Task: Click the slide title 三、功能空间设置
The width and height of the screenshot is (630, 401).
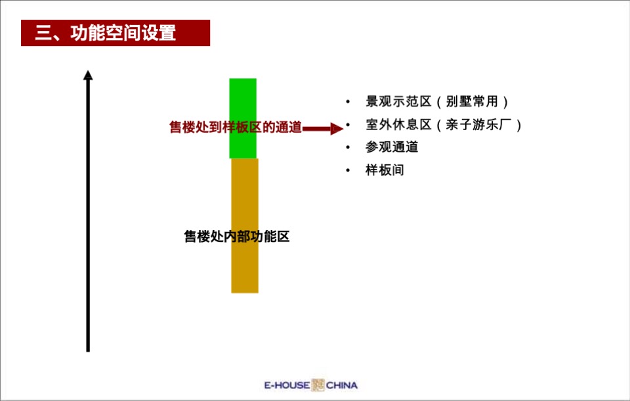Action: (106, 33)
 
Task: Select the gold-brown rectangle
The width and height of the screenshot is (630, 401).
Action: (245, 263)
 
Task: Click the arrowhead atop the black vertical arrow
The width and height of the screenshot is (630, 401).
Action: (88, 75)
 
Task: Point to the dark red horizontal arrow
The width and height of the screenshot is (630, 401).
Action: (322, 128)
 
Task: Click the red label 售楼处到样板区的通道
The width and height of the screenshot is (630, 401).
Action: (236, 128)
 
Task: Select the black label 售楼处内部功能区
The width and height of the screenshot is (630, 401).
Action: (237, 237)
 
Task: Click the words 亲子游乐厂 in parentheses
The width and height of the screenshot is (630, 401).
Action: (478, 125)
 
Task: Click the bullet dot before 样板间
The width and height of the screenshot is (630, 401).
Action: (348, 171)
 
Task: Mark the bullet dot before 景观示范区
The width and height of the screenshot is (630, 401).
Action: (348, 103)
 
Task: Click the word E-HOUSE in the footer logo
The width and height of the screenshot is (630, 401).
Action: (286, 385)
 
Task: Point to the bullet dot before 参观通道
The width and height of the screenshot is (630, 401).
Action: (348, 148)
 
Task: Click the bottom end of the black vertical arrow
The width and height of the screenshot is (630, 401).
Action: (88, 350)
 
